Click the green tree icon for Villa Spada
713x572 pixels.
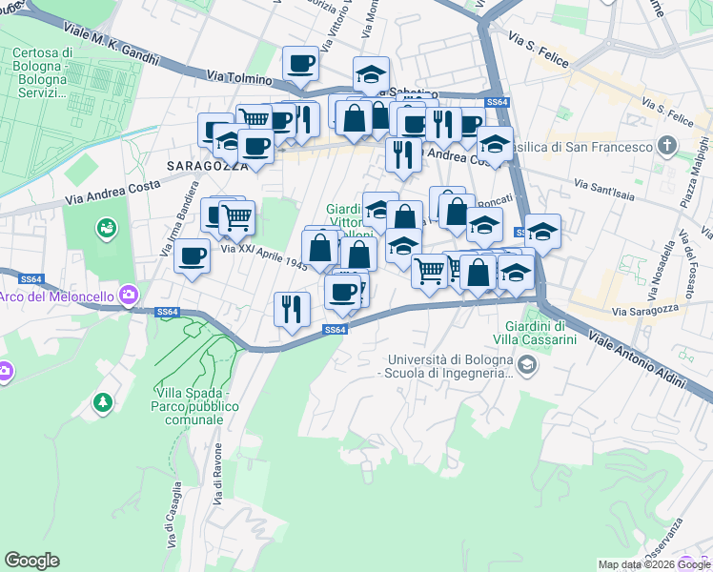pos(102,403)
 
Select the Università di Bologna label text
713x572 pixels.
pos(445,367)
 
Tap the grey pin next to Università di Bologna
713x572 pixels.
pos(525,364)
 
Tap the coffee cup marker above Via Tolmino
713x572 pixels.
pos(300,65)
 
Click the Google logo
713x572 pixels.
pos(31,561)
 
